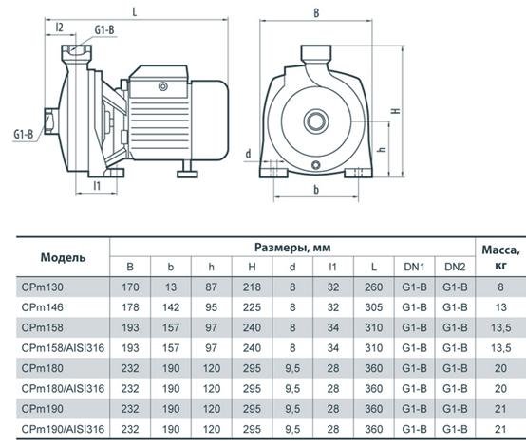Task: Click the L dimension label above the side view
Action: coord(135,12)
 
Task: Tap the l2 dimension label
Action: coord(59,28)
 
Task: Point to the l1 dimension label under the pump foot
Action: coord(97,185)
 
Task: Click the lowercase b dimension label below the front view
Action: coord(316,190)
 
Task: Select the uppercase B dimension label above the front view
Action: coord(316,13)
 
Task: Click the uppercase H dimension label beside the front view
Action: coord(396,111)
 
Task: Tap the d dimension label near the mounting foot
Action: coord(248,154)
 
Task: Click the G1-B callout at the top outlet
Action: coord(104,29)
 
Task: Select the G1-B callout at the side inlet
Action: coord(24,134)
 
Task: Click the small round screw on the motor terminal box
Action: coord(163,87)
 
